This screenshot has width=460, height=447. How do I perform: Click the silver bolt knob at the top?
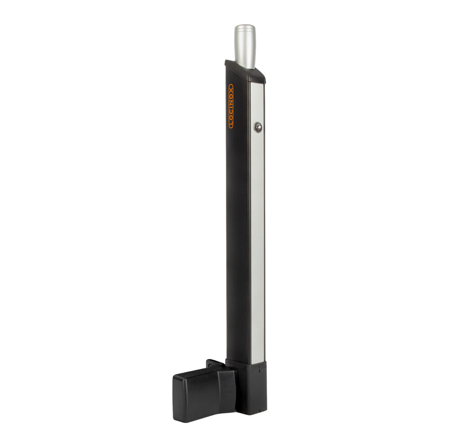pyautogui.click(x=245, y=45)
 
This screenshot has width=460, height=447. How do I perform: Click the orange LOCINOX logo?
pyautogui.click(x=231, y=106)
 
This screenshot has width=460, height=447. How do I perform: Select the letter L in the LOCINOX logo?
pyautogui.click(x=231, y=125)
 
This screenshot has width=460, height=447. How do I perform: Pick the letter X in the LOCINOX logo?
pyautogui.click(x=231, y=87)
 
